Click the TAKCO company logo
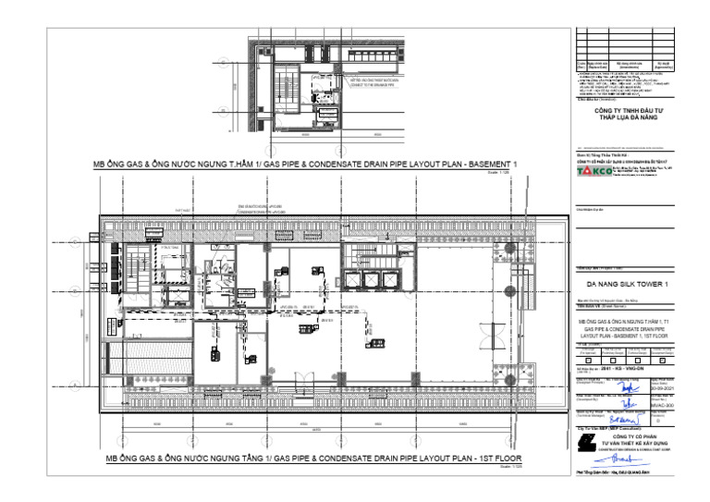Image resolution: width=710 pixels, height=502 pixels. (x=588, y=172)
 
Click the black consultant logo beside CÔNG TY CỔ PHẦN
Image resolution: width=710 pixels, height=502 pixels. (x=584, y=445)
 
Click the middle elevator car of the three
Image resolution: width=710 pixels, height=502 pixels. (x=372, y=280)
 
